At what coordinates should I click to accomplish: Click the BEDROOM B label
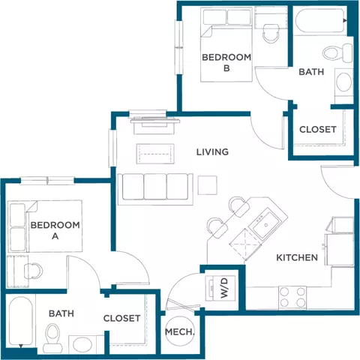(x=226, y=62)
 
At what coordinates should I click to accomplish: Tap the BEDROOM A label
(x=55, y=229)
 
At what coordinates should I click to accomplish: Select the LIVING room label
(x=212, y=152)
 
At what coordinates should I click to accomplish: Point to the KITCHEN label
(x=297, y=257)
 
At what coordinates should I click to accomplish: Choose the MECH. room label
(x=180, y=332)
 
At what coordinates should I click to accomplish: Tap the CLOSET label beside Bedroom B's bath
(x=318, y=129)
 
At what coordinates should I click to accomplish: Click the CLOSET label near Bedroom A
(x=122, y=318)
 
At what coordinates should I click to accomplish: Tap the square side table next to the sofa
(x=206, y=184)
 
